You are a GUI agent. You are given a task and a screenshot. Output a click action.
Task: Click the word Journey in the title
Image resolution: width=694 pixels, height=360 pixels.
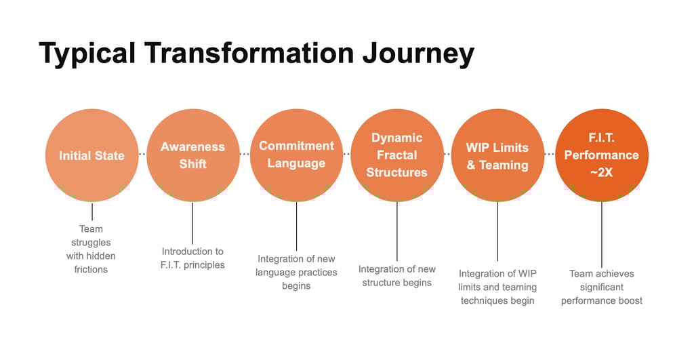418,54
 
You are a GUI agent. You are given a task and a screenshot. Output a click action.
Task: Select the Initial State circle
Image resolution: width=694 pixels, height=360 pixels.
91,155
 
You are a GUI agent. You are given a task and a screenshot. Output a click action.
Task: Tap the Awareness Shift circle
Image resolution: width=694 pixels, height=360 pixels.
192,155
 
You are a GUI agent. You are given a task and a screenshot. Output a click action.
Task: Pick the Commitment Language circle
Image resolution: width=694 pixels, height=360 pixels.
296,155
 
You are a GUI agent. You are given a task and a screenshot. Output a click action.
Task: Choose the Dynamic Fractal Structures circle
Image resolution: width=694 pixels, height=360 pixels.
397,155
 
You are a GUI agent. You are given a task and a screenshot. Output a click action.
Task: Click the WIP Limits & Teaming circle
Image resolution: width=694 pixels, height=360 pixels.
497,155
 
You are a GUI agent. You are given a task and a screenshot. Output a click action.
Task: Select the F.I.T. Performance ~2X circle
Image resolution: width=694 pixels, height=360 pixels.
601,155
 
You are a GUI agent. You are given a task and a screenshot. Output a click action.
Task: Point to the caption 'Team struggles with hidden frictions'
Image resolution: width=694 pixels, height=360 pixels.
91,249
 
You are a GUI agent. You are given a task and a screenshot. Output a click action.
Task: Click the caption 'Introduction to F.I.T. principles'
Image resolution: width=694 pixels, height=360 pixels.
192,258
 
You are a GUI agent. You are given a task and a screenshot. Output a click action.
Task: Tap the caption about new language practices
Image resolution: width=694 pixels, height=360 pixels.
296,272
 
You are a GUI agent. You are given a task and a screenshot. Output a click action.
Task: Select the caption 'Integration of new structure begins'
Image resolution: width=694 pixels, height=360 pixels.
397,276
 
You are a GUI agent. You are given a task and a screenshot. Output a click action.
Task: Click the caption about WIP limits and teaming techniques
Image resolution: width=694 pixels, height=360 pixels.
497,287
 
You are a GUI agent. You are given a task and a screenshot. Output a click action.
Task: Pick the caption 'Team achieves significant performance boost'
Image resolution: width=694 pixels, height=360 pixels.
601,287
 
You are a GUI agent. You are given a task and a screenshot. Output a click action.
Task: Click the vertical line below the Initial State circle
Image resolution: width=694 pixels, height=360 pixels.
91,212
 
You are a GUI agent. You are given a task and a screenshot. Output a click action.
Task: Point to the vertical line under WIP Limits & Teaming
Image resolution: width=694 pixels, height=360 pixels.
497,231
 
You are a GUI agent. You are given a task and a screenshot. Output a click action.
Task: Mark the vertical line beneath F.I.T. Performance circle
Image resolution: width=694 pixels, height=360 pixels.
601,234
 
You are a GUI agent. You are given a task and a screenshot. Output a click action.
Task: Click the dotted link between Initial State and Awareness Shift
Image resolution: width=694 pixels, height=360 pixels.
142,155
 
